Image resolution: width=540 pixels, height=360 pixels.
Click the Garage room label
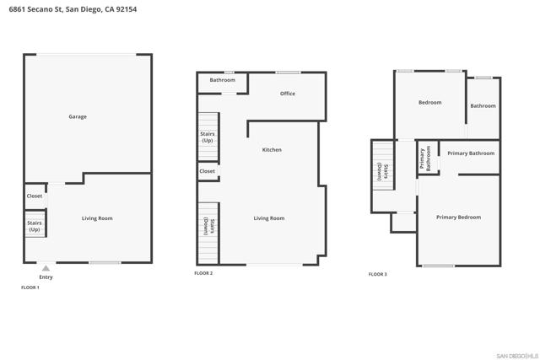(x=78, y=116)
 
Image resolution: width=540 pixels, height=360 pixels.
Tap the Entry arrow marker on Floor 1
(x=46, y=269)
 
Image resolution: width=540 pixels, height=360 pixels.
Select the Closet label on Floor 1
(x=35, y=196)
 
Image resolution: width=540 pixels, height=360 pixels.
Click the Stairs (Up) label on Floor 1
(x=35, y=226)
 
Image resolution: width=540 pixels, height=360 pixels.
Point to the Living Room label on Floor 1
(x=97, y=218)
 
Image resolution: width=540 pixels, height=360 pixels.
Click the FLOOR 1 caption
(x=30, y=287)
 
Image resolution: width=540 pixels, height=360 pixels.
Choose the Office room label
(x=288, y=94)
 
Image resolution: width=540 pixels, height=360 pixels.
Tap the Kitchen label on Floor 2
(x=272, y=149)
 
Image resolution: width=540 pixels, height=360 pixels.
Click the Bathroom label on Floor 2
(x=223, y=80)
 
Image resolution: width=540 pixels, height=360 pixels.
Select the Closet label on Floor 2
(x=208, y=171)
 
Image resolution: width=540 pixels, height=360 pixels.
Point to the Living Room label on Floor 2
(x=269, y=218)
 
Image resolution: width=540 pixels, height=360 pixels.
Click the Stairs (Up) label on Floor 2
(x=208, y=137)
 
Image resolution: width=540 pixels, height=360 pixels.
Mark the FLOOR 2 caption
(x=203, y=273)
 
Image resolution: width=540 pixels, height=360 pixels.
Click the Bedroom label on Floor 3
(x=430, y=102)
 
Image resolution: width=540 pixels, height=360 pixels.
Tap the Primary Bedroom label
(x=458, y=217)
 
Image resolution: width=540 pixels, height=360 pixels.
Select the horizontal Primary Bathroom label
(x=471, y=153)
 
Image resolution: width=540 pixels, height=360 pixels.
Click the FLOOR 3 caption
(x=378, y=274)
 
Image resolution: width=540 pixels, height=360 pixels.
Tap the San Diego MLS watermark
(x=515, y=354)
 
